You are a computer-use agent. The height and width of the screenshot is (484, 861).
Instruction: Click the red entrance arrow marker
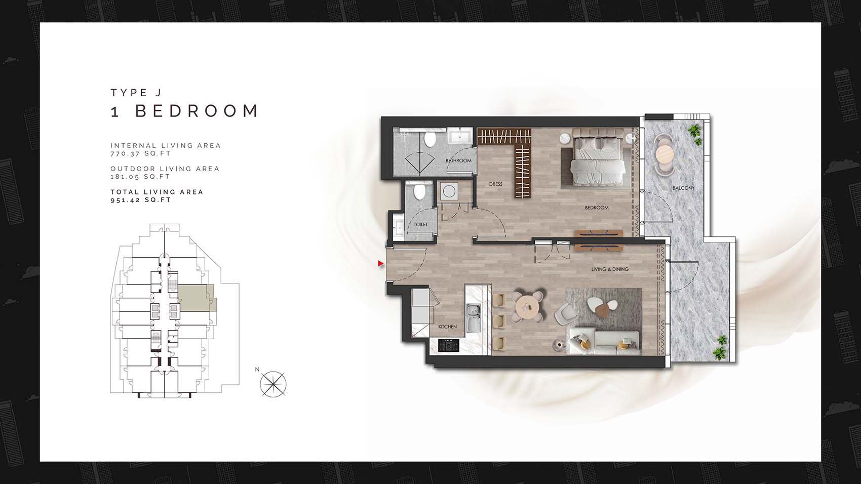380,263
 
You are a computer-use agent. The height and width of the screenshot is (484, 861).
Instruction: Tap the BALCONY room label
683,188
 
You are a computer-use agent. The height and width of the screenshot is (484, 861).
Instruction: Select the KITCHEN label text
447,327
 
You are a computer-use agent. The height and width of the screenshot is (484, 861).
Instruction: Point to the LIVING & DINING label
610,269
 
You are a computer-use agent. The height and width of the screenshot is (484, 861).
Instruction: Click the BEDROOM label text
597,208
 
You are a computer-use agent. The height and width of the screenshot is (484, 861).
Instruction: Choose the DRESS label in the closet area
495,184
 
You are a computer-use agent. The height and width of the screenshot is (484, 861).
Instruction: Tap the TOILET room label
420,224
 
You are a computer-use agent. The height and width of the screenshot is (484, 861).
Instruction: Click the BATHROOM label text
458,160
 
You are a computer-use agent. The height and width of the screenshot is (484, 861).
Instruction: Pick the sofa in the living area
604,341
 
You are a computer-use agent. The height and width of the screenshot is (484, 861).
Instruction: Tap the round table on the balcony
665,155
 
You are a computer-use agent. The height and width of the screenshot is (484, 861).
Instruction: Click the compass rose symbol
273,384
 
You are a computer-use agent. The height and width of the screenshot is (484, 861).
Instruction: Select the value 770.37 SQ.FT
141,153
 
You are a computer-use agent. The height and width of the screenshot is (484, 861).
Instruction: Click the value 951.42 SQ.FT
141,200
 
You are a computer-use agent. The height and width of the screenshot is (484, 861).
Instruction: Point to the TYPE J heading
136,93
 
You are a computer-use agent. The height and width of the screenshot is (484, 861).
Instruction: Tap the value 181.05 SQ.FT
140,177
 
